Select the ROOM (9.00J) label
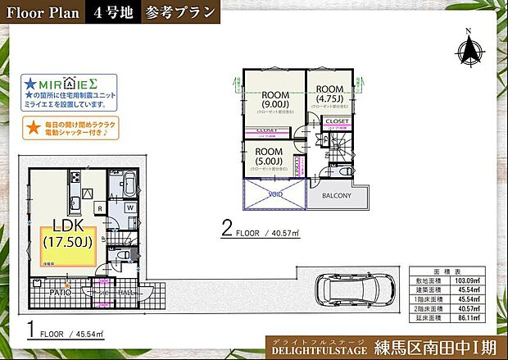pyautogui.click(x=274, y=98)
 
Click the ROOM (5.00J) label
pyautogui.click(x=269, y=156)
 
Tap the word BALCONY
pyautogui.click(x=336, y=196)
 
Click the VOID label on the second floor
pyautogui.click(x=274, y=196)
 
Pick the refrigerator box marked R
pyautogui.click(x=99, y=208)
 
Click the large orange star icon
pyautogui.click(x=32, y=127)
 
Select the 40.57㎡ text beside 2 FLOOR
pyautogui.click(x=285, y=233)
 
